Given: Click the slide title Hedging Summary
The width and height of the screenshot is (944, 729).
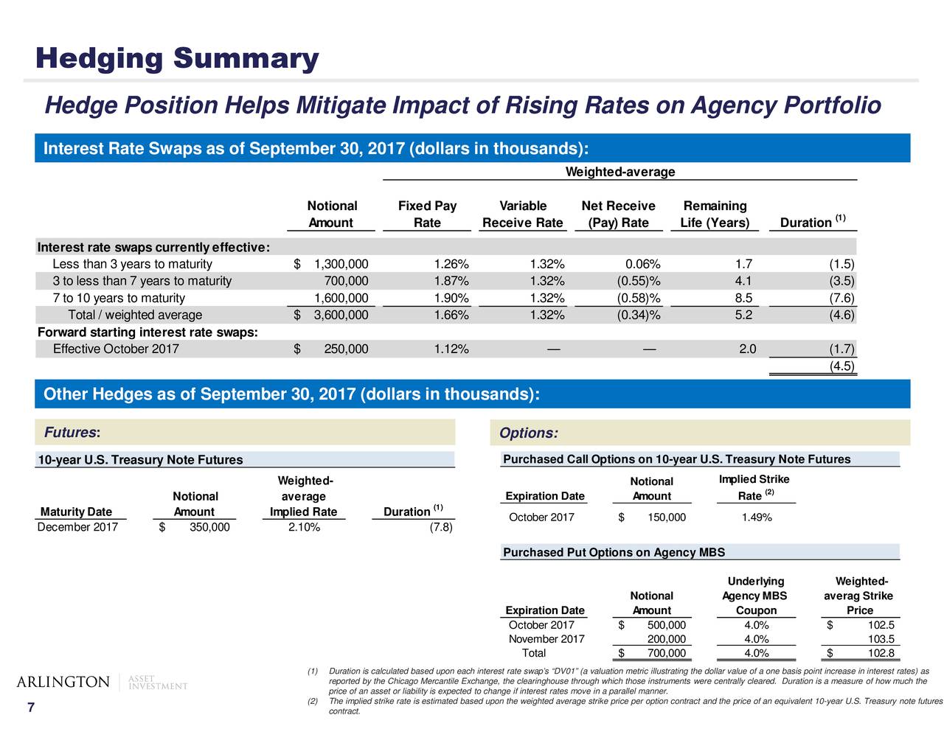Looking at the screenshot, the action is tap(177, 59).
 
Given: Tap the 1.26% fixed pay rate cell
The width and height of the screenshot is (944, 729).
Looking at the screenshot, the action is tap(451, 264).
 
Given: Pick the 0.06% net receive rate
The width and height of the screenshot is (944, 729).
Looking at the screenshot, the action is tap(643, 264).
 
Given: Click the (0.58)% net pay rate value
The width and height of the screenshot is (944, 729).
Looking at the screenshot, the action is tap(639, 299).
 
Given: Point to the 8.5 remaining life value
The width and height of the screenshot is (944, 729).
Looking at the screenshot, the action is tap(743, 299).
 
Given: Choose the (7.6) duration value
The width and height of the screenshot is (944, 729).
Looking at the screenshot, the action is tap(841, 299).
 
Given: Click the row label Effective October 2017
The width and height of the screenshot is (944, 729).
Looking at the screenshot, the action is tap(116, 349).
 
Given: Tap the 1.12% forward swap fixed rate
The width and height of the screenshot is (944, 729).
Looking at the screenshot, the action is tap(451, 349).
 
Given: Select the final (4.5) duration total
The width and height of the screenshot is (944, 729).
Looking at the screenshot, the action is tap(841, 366).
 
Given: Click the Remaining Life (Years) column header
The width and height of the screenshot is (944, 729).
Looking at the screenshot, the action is tap(715, 214).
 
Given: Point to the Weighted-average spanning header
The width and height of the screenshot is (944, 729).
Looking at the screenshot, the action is tap(620, 172).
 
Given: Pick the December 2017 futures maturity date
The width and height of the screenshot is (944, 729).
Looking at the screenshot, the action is tap(77, 527).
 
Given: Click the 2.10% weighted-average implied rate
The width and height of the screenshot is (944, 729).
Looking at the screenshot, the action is tap(304, 527).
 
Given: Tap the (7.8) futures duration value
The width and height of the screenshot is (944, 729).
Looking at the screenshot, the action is tap(441, 527).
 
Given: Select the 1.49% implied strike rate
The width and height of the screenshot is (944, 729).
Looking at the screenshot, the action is tap(757, 517).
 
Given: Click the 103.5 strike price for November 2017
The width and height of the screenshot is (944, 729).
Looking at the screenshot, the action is tap(881, 638).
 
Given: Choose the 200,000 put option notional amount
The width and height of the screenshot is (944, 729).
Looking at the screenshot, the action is tap(667, 638).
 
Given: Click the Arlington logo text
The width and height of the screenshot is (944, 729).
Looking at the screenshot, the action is tap(63, 682).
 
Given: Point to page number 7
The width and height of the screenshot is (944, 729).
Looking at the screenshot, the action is tap(31, 708).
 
